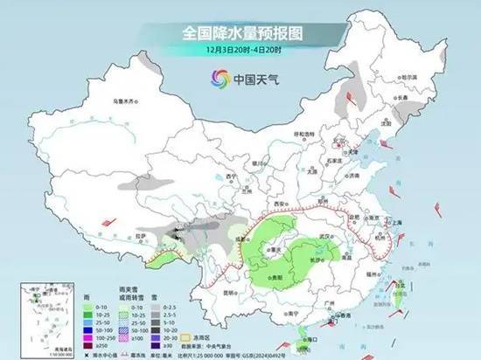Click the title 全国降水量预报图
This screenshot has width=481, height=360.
point(241,33)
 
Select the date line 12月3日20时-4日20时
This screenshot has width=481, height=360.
point(241,51)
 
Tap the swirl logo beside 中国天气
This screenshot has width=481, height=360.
point(214,80)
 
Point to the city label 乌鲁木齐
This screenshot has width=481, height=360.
point(126,101)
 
